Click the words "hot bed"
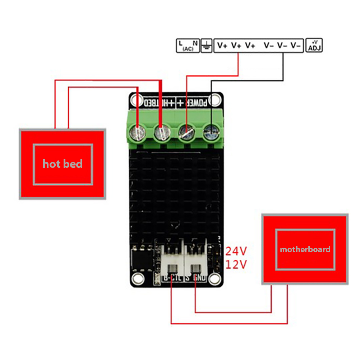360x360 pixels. [x=63, y=164]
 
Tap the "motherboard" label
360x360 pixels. [x=305, y=249]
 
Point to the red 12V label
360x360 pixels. [x=236, y=265]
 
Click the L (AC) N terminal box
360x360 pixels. [x=188, y=46]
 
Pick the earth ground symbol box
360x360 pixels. [x=207, y=46]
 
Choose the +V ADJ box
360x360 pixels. [x=314, y=46]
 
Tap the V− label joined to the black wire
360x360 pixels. [x=282, y=46]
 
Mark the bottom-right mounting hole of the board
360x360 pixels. [x=215, y=277]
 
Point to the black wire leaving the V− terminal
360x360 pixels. [x=283, y=68]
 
